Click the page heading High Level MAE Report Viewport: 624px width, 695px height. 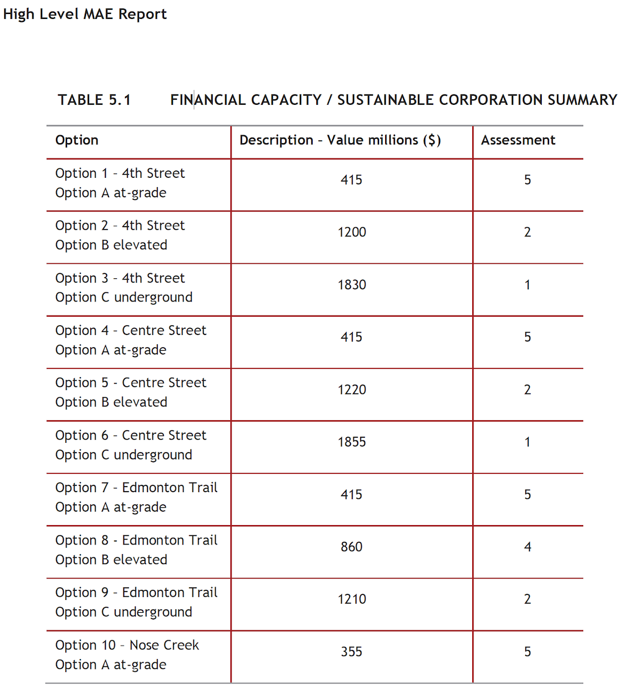click(85, 14)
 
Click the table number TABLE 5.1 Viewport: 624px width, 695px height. click(94, 100)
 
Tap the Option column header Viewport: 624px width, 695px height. click(77, 140)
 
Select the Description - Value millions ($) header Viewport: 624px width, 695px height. click(340, 140)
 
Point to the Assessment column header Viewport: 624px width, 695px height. click(518, 140)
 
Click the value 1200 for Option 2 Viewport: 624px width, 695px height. click(352, 232)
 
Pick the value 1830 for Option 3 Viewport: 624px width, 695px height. click(352, 284)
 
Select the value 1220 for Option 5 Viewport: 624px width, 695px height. click(352, 389)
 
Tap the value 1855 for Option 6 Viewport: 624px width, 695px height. click(352, 442)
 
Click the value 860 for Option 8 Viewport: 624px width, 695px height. click(352, 546)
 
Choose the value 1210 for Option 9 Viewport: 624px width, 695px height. click(352, 599)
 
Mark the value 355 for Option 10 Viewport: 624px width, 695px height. click(352, 652)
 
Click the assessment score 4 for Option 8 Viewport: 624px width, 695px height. click(528, 546)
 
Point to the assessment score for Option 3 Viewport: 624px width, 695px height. click(528, 284)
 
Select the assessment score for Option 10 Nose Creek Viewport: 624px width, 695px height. click(528, 652)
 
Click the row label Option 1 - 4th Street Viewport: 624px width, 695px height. click(120, 174)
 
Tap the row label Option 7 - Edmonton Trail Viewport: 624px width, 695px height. click(136, 488)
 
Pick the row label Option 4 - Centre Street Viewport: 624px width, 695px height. click(130, 331)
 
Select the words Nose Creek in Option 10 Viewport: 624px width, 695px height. click(164, 645)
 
